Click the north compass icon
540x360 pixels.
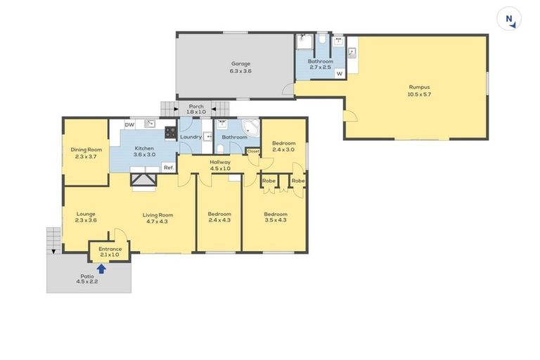point(509,19)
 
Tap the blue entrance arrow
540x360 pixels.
point(101,267)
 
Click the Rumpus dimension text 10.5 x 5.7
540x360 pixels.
point(418,94)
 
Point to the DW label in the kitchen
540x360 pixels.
point(129,125)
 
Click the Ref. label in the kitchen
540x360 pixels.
point(168,167)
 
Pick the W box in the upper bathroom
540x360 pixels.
point(339,73)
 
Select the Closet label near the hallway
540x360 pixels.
point(253,151)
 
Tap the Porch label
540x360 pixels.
point(196,106)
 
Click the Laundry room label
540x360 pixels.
point(191,136)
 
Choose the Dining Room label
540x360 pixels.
point(86,149)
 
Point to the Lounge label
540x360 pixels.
point(85,214)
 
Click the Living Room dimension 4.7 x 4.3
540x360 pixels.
point(158,221)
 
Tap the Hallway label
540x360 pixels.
point(220,162)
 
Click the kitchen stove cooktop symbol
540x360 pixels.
point(169,131)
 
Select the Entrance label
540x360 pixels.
point(110,249)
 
